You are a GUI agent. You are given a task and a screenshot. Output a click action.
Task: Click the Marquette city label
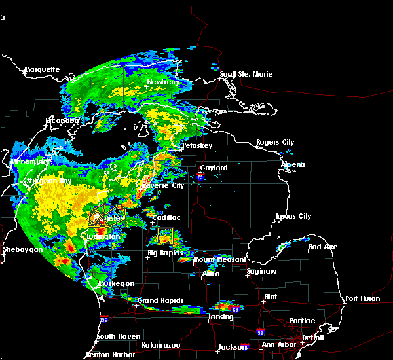pyautogui.click(x=43, y=69)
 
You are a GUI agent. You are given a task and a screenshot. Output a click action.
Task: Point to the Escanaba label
pyautogui.click(x=62, y=120)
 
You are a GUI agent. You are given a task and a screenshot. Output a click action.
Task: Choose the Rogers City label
pyautogui.click(x=275, y=142)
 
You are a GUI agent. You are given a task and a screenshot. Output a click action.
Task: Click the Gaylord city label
pyautogui.click(x=214, y=168)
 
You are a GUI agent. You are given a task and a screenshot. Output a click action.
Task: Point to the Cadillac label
pyautogui.click(x=166, y=217)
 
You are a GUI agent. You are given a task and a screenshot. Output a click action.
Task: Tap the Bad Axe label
pyautogui.click(x=324, y=247)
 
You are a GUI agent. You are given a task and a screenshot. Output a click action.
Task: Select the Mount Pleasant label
pyautogui.click(x=214, y=260)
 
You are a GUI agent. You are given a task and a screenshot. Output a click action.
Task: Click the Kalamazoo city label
pyautogui.click(x=162, y=344)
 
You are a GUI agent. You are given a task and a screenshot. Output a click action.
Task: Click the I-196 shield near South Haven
pyautogui.click(x=103, y=319)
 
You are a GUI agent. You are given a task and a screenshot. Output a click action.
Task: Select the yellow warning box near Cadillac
pyautogui.click(x=164, y=236)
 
